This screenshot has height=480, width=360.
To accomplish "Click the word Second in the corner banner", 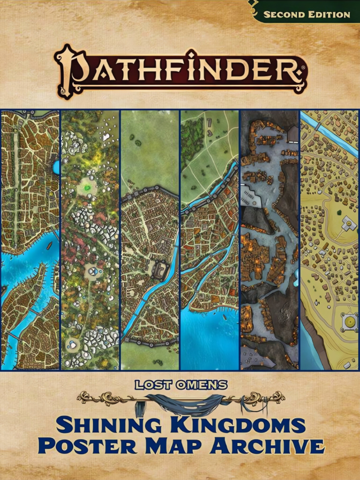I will click(283, 15).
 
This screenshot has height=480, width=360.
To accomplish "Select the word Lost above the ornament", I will click(150, 385).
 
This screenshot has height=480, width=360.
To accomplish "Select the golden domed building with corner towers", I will click(349, 322).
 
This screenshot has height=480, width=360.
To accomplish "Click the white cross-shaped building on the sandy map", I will click(348, 224).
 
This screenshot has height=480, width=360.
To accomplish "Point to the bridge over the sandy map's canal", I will click(318, 127).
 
